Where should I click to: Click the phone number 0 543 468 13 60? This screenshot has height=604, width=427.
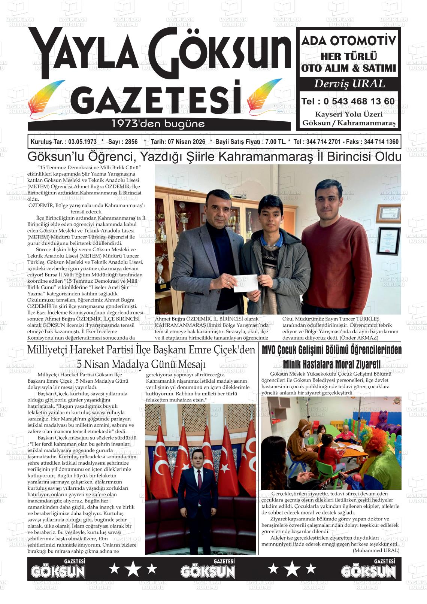(x=359, y=101)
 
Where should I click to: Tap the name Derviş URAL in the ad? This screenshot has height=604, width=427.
(x=349, y=84)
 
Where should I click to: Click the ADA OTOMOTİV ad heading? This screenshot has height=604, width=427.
(x=349, y=41)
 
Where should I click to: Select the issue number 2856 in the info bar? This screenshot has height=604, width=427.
(x=131, y=142)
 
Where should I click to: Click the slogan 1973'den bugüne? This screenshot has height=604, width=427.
(x=158, y=124)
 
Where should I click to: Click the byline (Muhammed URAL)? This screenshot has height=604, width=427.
(x=376, y=550)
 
